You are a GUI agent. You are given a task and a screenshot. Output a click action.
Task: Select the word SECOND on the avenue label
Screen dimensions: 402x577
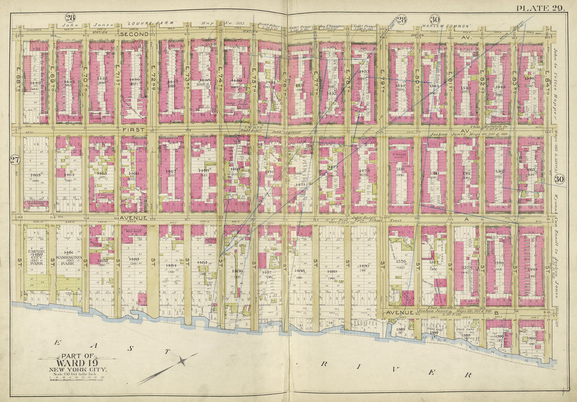click(134, 34)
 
